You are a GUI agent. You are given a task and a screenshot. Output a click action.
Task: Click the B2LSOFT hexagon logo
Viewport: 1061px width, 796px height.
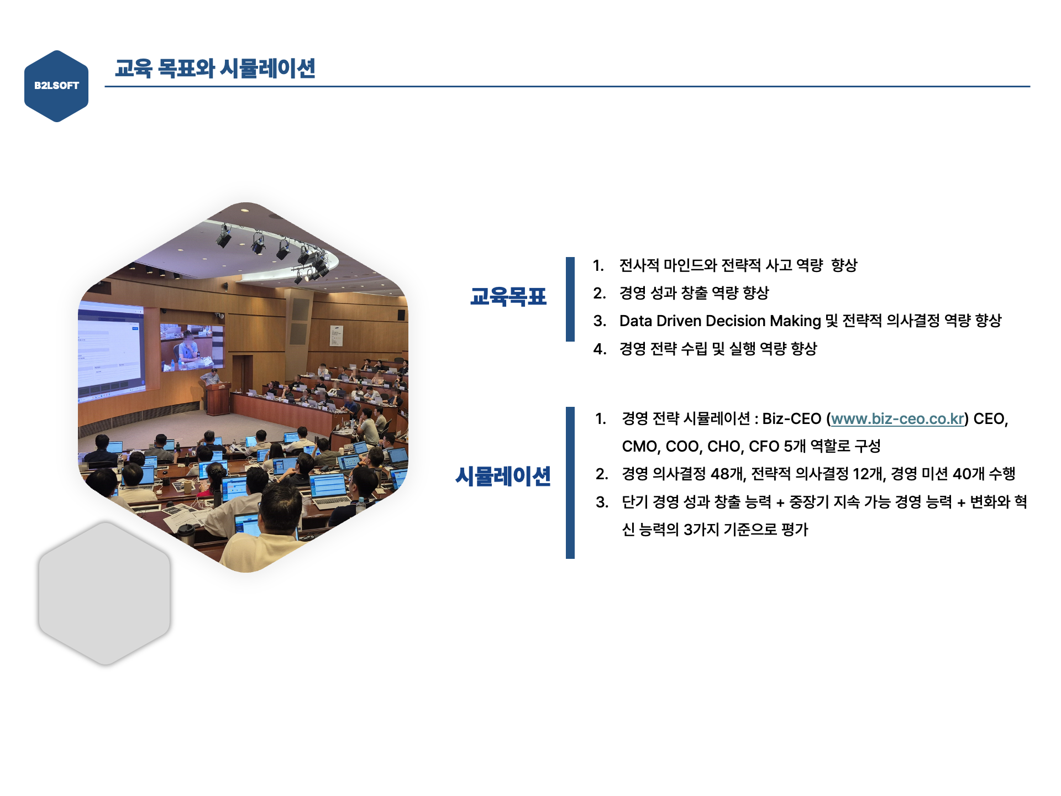[56, 86]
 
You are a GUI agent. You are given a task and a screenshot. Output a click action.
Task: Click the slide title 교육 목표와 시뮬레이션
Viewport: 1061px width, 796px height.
[215, 69]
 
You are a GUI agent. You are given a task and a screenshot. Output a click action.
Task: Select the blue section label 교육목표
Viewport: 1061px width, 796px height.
[508, 297]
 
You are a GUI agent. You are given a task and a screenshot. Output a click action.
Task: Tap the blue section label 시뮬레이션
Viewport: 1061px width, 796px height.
[503, 476]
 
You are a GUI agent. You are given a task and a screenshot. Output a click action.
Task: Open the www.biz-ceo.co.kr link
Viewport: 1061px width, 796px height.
[897, 419]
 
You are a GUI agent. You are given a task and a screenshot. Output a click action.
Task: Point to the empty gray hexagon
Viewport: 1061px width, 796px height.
[104, 593]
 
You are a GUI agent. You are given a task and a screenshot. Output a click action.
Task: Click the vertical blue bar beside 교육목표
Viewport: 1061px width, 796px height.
[570, 299]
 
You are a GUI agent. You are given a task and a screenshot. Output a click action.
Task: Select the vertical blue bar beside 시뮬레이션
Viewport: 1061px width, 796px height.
[570, 483]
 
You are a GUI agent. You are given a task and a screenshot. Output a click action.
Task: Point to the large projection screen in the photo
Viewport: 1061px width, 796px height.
[111, 348]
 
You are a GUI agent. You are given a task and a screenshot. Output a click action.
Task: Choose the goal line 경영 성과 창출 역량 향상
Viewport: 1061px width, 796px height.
[694, 293]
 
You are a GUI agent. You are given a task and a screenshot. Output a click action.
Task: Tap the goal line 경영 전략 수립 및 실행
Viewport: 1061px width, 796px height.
[718, 349]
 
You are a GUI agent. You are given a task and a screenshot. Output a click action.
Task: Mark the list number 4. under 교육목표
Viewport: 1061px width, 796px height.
[600, 349]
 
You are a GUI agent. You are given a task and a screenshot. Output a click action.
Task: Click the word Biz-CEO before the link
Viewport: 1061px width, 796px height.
[791, 419]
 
